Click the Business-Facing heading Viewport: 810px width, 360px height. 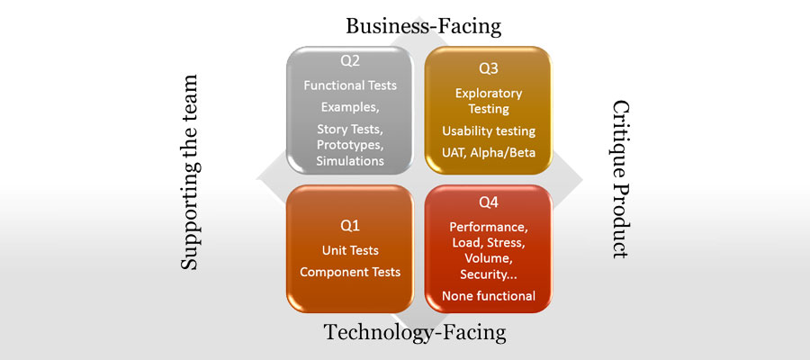(x=423, y=26)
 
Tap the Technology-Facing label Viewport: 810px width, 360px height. (x=415, y=332)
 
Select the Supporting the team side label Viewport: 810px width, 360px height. (x=189, y=172)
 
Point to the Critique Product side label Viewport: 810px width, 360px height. (x=620, y=180)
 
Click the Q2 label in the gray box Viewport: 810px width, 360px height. (x=350, y=61)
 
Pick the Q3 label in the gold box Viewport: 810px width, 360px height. (x=488, y=68)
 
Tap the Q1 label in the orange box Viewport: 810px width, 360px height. (x=350, y=226)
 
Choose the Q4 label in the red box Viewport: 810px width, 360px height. (x=488, y=203)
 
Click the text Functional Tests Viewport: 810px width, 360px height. (x=350, y=85)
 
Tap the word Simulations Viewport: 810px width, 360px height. (x=350, y=160)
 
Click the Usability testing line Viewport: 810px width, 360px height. (x=489, y=131)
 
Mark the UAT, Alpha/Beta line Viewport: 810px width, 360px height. (x=488, y=153)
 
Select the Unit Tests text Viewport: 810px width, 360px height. (x=350, y=250)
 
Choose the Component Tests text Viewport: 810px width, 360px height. (x=350, y=272)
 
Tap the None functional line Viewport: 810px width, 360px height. (x=489, y=296)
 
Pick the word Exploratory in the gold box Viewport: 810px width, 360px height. (x=489, y=94)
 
